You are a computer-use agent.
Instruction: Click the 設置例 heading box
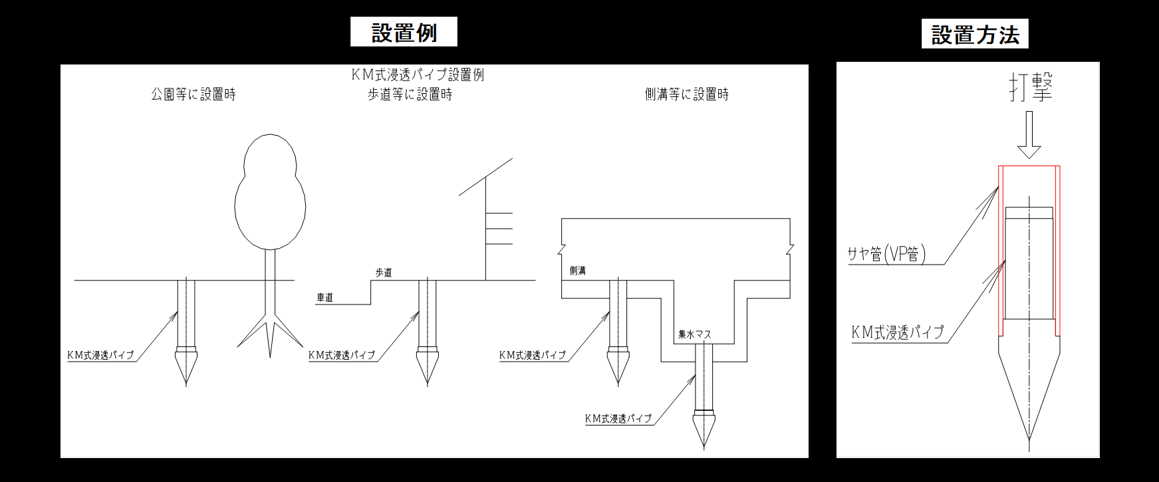(404, 32)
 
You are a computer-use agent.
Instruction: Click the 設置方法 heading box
(975, 34)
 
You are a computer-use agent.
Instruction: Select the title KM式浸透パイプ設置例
(418, 74)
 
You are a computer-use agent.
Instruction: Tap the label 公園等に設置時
(193, 94)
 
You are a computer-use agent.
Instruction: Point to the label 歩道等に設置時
(410, 94)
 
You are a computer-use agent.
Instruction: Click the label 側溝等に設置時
(687, 94)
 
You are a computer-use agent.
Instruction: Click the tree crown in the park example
(271, 193)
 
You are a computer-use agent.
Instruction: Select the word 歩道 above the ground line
(384, 273)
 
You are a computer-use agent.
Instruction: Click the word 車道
(325, 298)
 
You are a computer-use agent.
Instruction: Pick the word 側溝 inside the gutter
(578, 271)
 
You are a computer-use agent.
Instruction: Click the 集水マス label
(694, 334)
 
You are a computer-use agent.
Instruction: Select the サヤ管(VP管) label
(887, 254)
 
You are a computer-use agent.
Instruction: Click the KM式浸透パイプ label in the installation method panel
(898, 332)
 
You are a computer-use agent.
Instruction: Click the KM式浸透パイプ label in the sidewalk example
(342, 355)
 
